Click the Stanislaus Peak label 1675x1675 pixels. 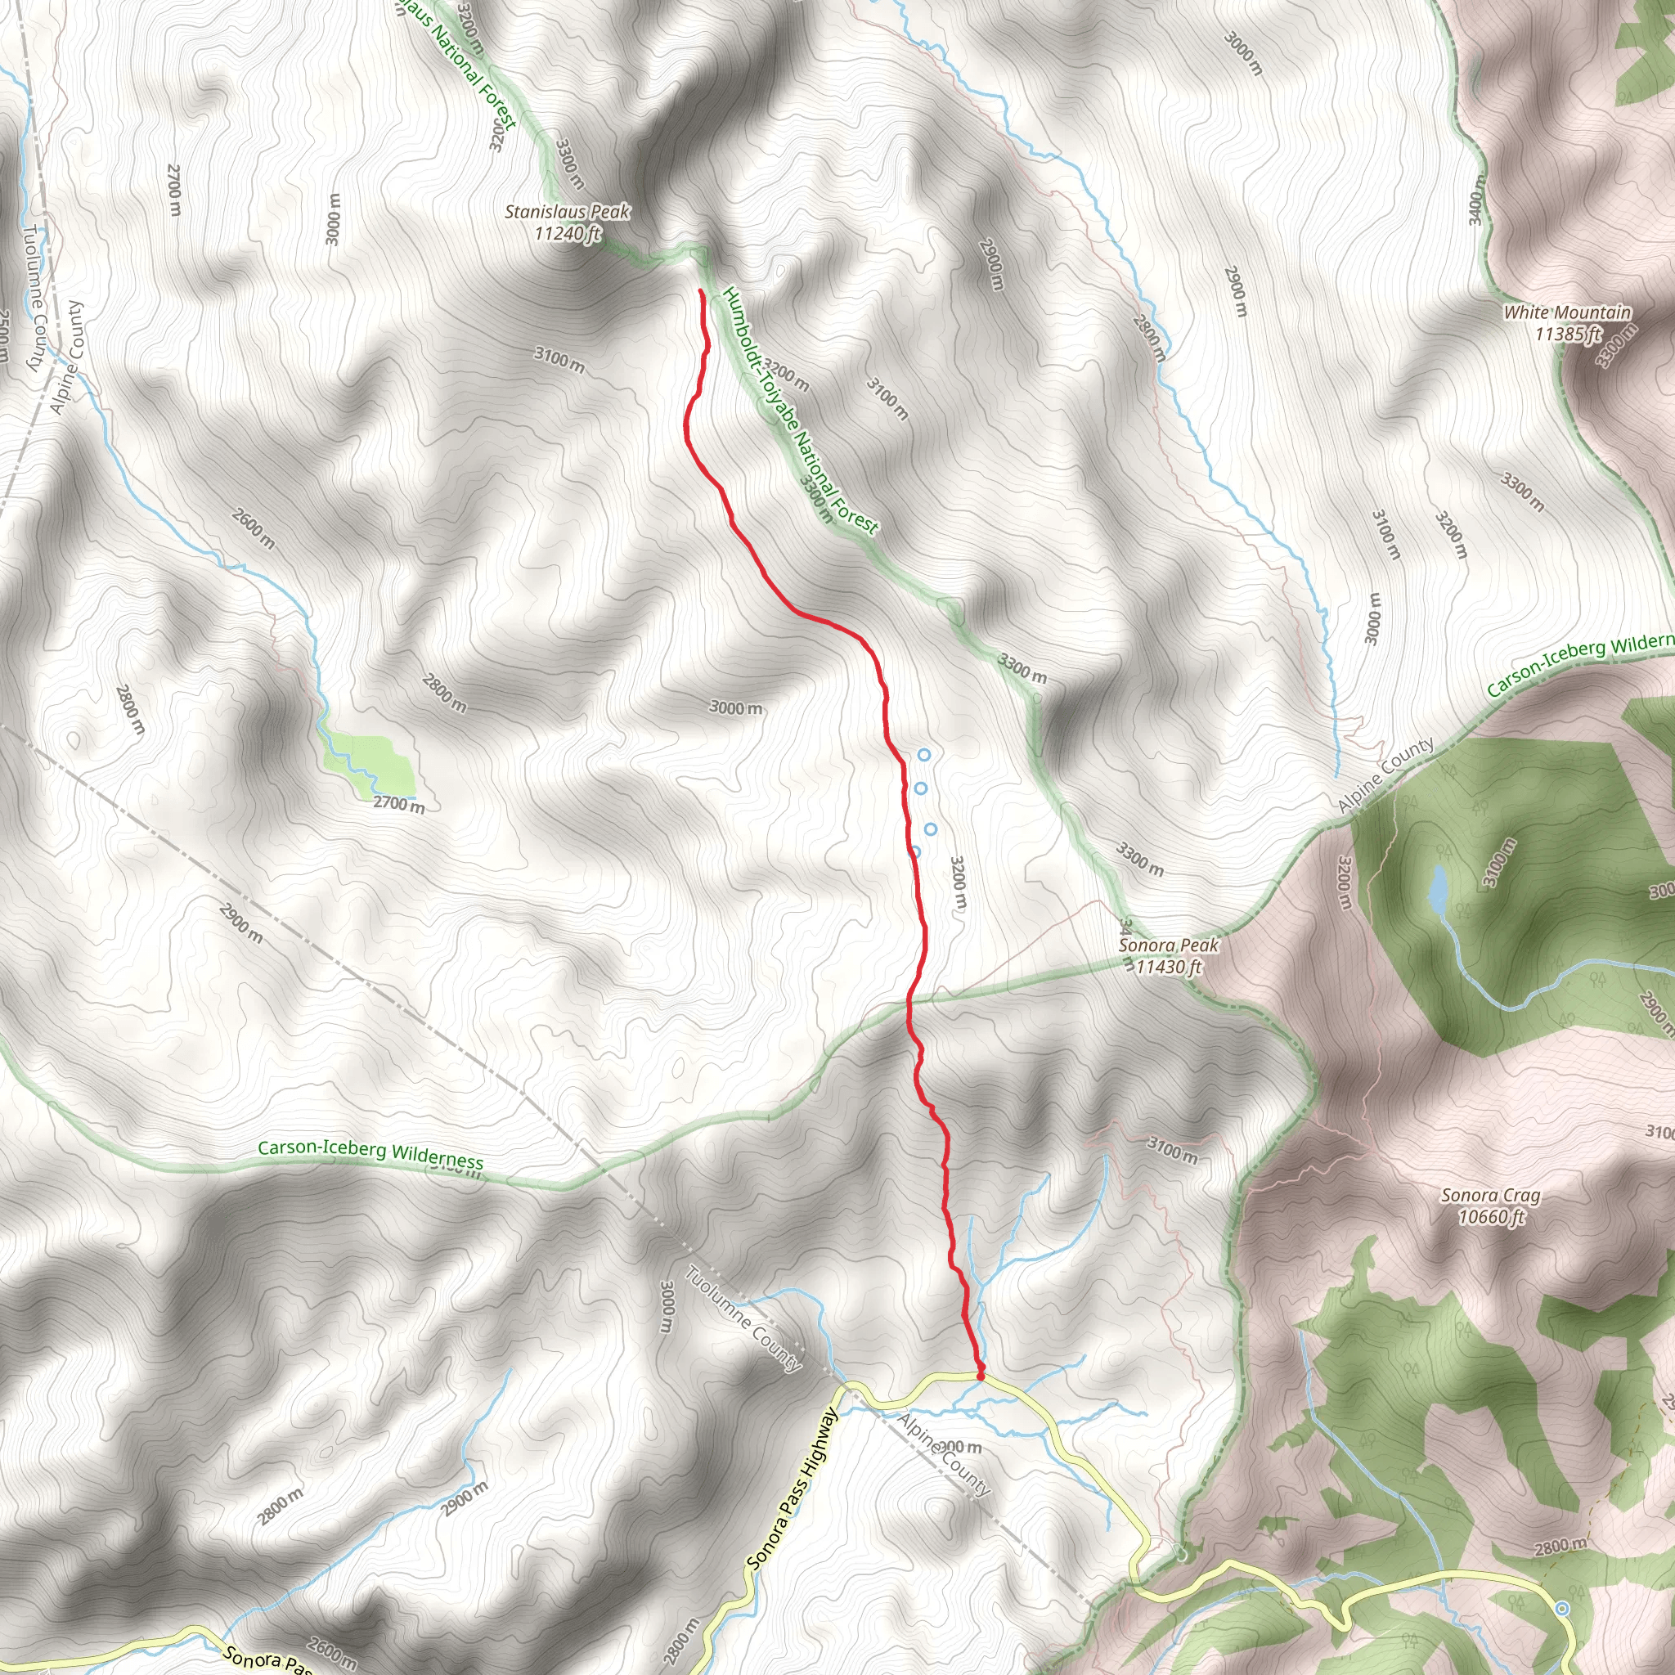click(x=567, y=212)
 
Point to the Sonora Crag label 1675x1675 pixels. click(x=1490, y=1196)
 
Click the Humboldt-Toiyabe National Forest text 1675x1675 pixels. click(x=801, y=409)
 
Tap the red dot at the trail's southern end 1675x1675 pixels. click(x=981, y=1375)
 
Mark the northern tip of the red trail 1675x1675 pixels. click(x=699, y=291)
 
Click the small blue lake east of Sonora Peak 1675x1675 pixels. click(x=1438, y=890)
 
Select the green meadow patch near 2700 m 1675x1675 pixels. click(x=371, y=761)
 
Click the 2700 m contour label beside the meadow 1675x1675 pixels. click(x=399, y=805)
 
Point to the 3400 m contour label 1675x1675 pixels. click(x=1477, y=200)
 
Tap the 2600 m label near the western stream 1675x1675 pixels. click(x=254, y=529)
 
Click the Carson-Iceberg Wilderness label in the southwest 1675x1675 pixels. click(x=370, y=1154)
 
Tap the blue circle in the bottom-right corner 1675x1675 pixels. click(x=1561, y=1608)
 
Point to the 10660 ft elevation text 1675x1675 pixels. click(x=1490, y=1217)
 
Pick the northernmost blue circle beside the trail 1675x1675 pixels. click(x=924, y=755)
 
